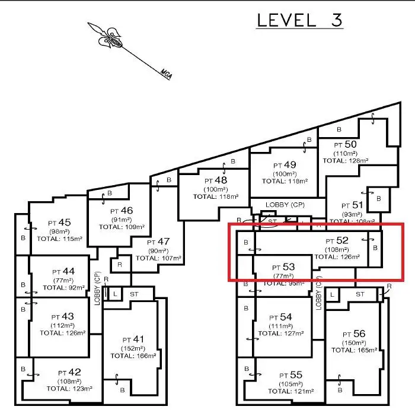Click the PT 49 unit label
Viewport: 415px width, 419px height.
[285, 164]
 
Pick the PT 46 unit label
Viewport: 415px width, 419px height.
[122, 210]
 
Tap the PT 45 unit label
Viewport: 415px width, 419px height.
[60, 223]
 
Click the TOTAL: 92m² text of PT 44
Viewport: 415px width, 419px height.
[60, 287]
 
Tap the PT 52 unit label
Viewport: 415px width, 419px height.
[337, 240]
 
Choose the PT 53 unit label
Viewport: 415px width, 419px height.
[283, 266]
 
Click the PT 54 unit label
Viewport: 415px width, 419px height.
[282, 317]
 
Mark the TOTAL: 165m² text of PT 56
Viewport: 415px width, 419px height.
[354, 350]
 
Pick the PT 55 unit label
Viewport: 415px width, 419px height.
[291, 375]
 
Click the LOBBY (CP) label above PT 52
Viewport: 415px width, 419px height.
[285, 205]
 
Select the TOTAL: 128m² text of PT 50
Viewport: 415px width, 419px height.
[346, 160]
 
